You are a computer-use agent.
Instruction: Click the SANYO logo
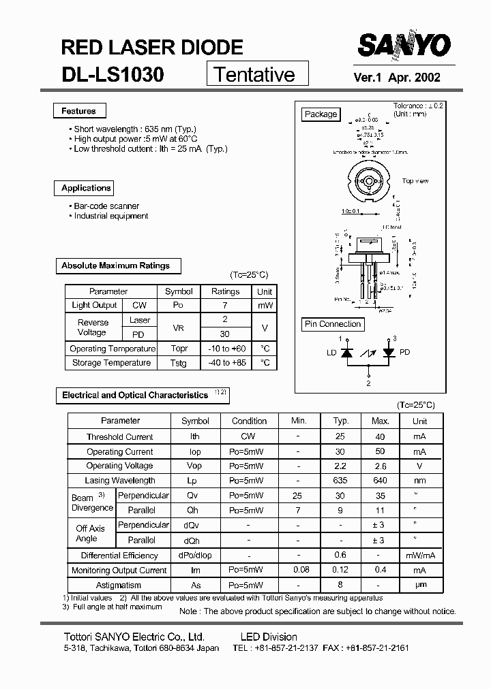coord(404,46)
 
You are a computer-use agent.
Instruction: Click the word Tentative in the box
coord(254,74)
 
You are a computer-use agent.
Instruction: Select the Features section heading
coord(78,111)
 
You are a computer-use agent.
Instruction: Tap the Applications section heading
coord(85,188)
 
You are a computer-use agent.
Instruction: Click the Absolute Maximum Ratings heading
coord(115,266)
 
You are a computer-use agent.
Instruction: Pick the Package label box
coord(321,114)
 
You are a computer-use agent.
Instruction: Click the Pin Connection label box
coord(333,324)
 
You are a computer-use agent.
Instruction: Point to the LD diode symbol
coord(346,353)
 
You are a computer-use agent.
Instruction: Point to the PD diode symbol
coord(389,353)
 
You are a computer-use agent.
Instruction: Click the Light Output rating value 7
coord(225,306)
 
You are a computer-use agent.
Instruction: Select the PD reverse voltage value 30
coord(225,334)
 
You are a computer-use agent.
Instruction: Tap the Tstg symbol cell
coord(178,363)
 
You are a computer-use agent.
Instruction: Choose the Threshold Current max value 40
coord(380,436)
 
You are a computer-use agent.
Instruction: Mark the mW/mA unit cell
coord(419,556)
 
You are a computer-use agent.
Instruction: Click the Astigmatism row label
coord(119,585)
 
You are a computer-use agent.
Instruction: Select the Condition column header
coord(249,421)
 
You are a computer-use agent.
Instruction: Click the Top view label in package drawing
coord(415,181)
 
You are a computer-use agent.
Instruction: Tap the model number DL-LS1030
coord(113,74)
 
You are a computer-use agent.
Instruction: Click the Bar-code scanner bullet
coord(106,206)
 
